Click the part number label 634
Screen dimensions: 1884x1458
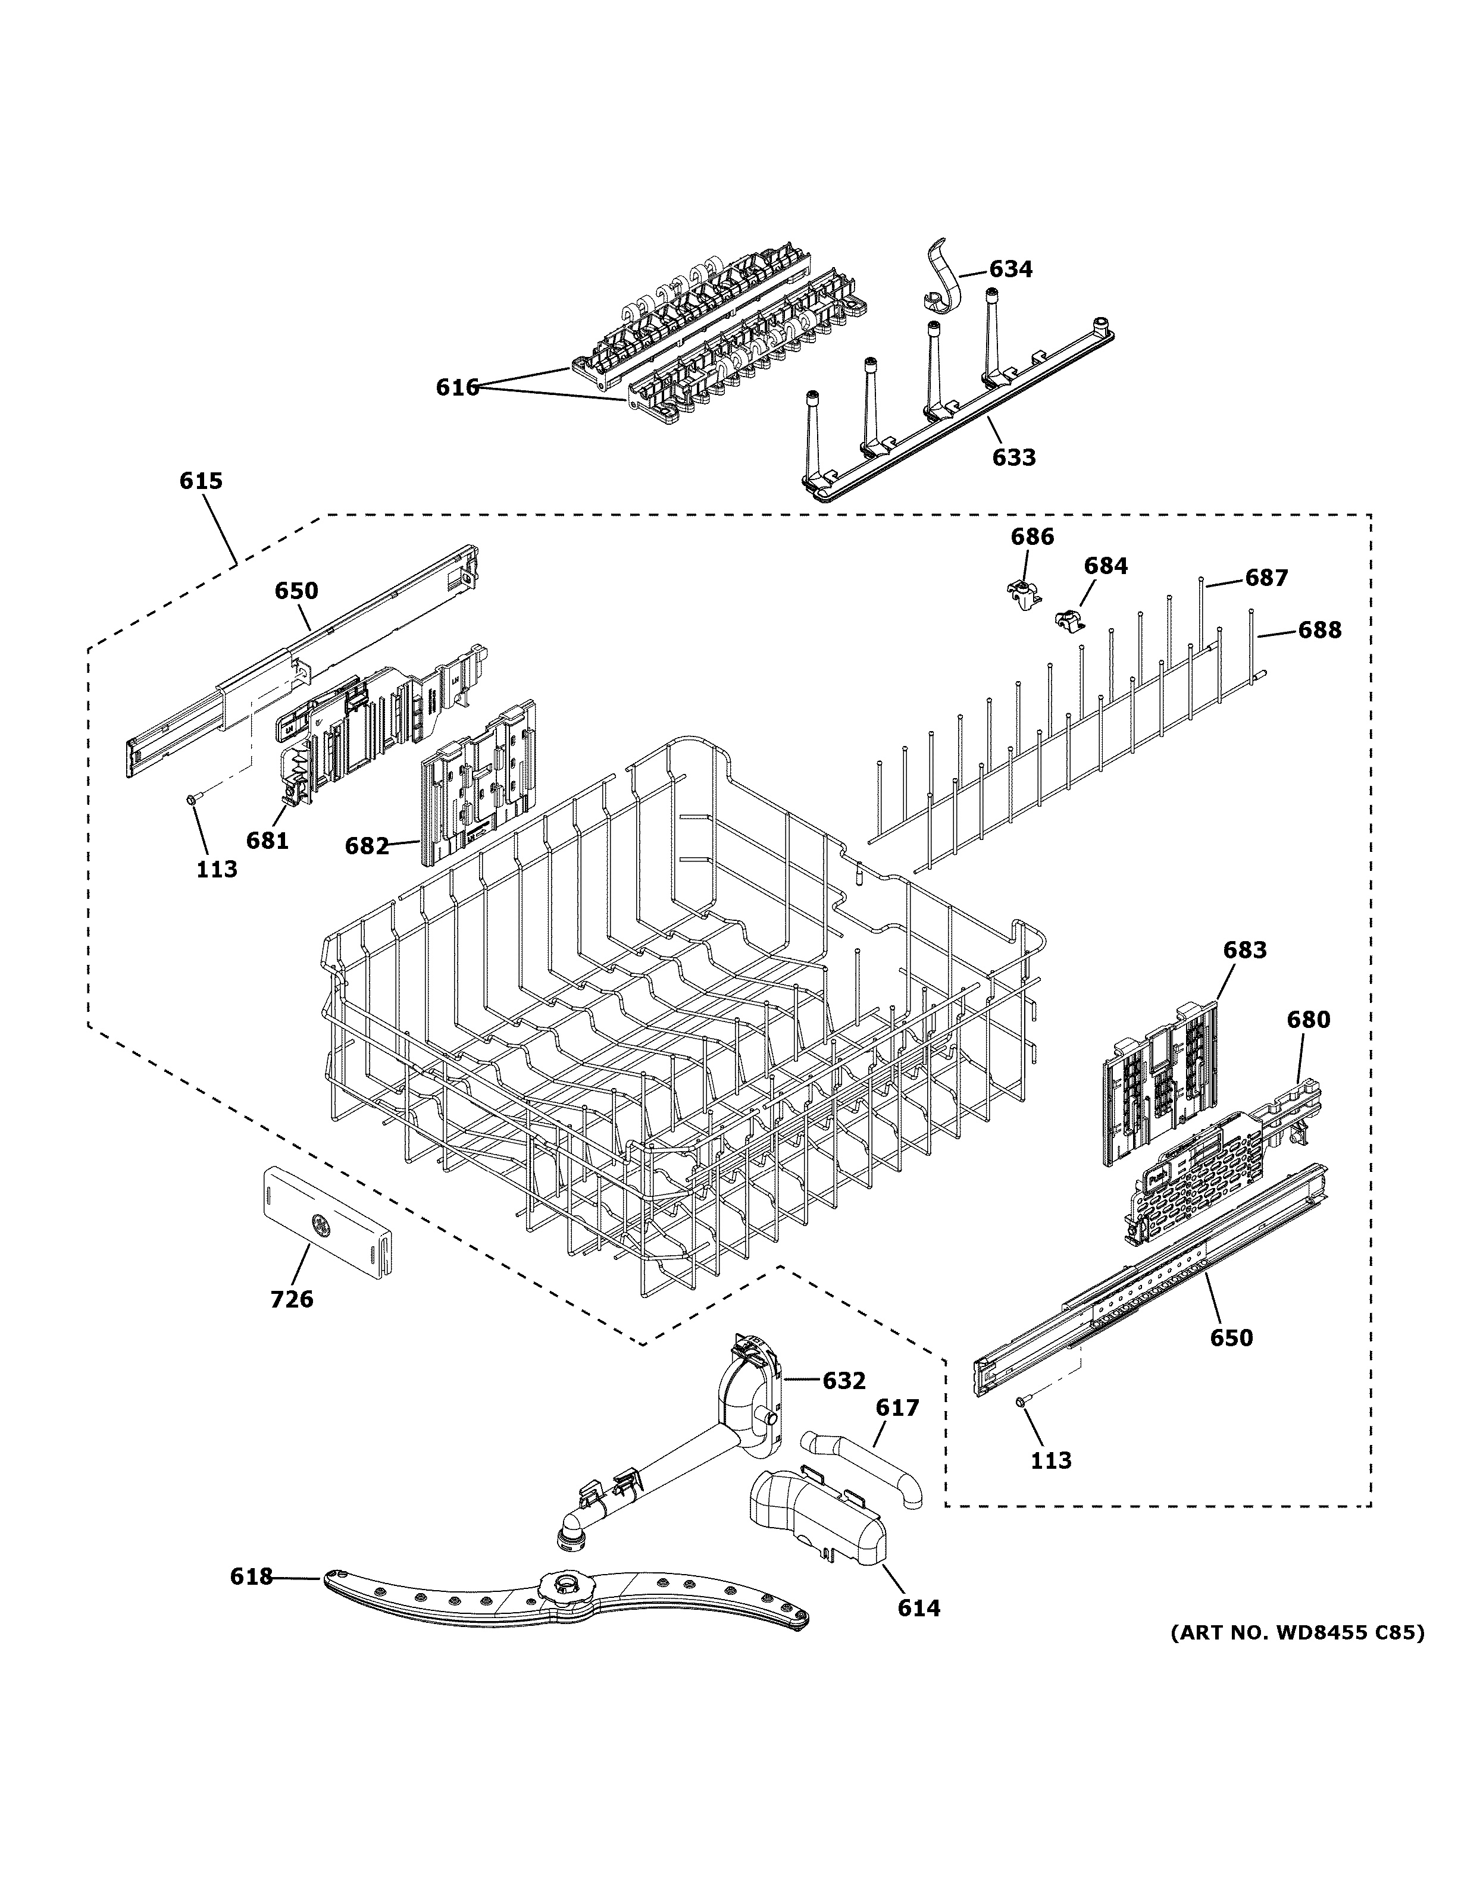(1010, 269)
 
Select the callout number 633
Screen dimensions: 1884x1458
(1013, 457)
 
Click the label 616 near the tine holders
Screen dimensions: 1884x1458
(456, 388)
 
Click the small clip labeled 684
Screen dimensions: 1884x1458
(1069, 619)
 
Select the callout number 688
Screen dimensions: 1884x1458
(1320, 631)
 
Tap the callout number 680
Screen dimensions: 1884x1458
(1308, 1020)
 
